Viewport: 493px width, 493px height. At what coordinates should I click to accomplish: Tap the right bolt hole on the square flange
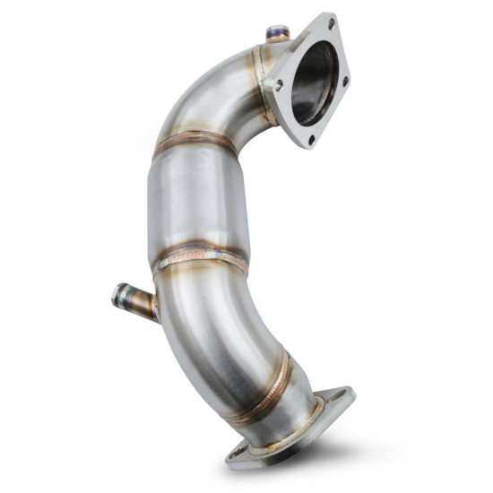[345, 81]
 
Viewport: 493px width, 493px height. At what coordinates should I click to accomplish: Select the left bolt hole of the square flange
[280, 84]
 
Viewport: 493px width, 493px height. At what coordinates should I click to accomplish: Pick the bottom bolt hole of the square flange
[311, 139]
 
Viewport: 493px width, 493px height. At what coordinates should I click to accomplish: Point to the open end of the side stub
[117, 294]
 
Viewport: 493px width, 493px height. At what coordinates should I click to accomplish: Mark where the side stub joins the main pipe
[155, 307]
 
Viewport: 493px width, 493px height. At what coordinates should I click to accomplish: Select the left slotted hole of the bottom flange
[240, 454]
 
